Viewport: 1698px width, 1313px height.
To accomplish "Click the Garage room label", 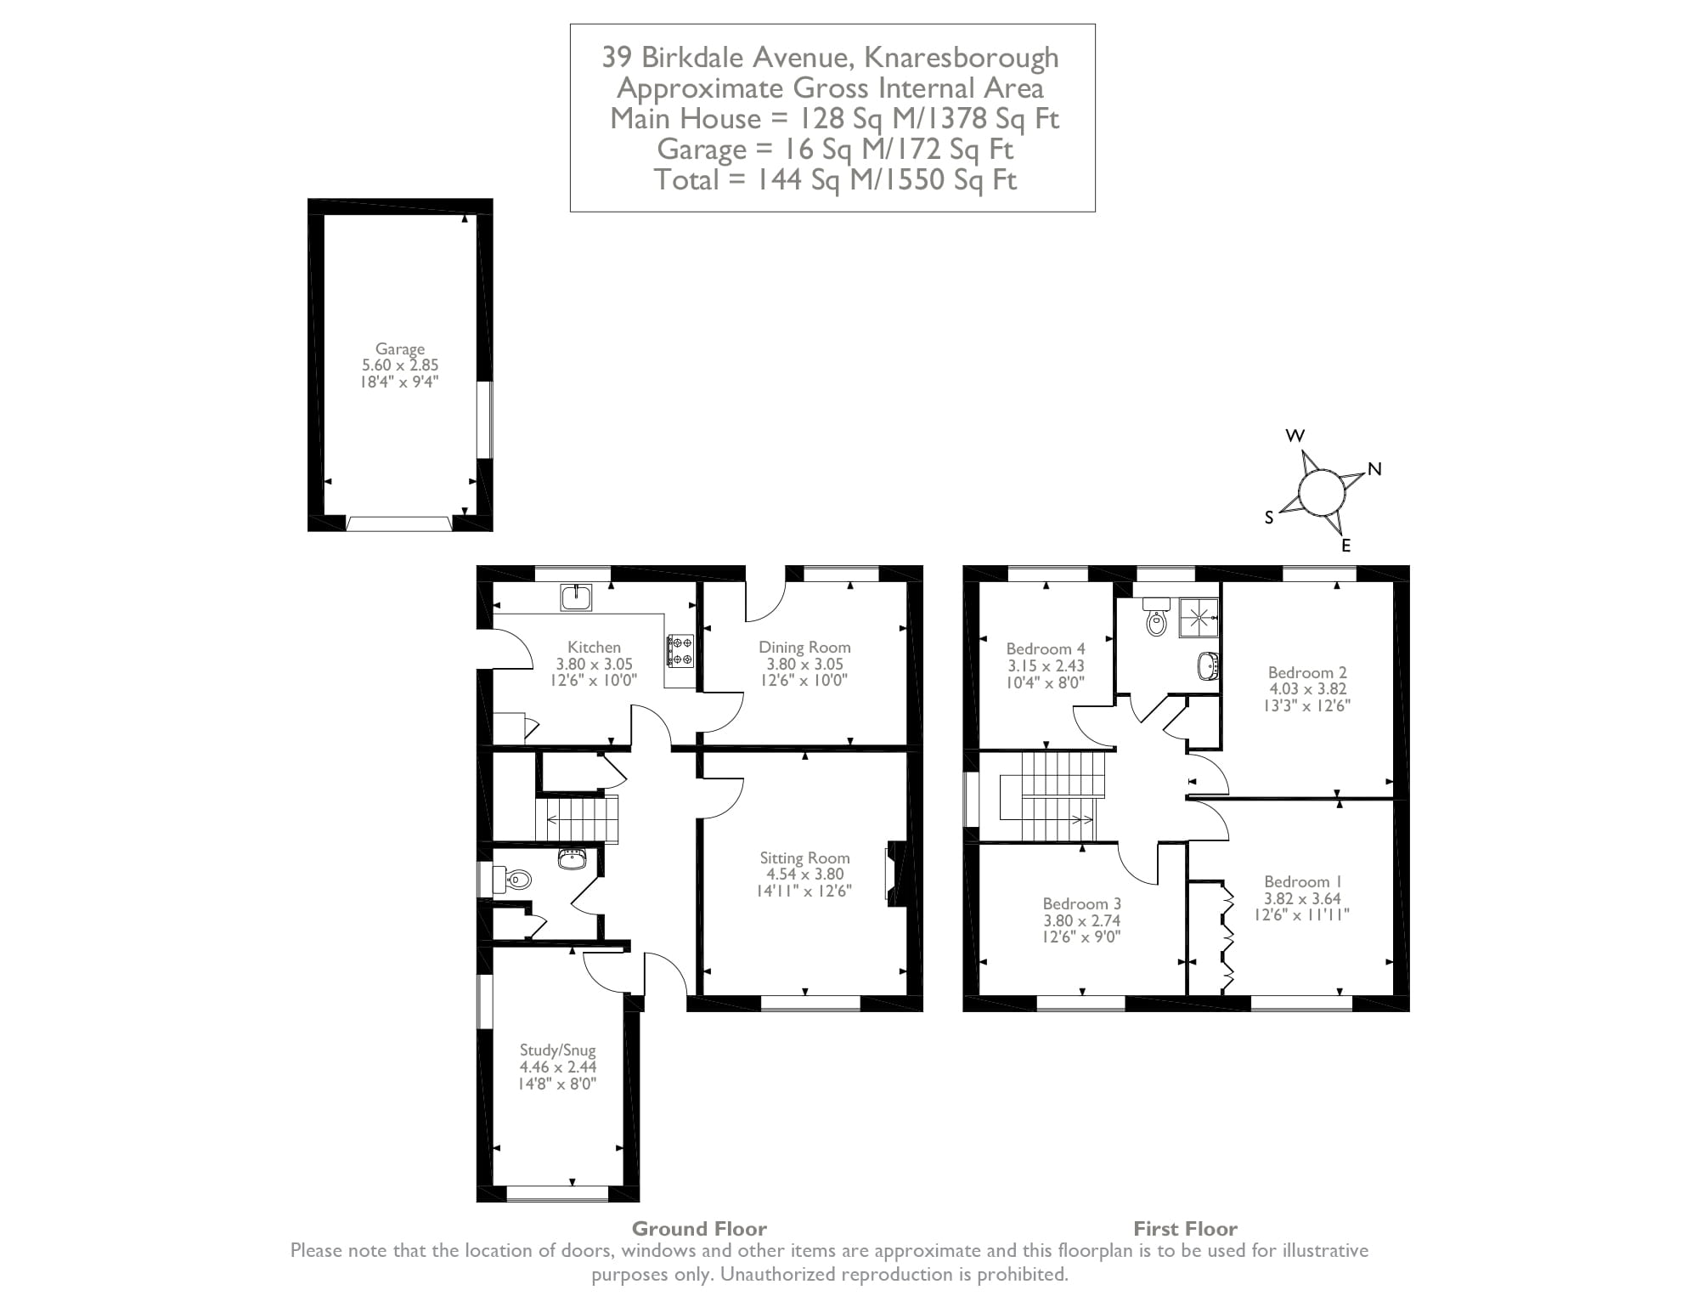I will [x=399, y=349].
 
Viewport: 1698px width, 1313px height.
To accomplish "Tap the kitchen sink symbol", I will [x=577, y=597].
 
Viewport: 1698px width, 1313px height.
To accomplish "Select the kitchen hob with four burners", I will [x=680, y=650].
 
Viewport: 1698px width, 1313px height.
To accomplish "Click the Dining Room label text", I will [x=804, y=648].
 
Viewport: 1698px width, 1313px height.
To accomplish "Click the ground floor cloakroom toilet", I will [x=514, y=879].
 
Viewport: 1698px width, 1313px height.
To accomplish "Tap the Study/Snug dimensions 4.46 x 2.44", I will [x=558, y=1067].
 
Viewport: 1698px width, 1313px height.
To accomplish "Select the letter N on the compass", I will [x=1374, y=469].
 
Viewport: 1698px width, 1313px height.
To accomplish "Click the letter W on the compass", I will [x=1295, y=436].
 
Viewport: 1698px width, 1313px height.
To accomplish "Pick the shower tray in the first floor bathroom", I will [x=1199, y=616].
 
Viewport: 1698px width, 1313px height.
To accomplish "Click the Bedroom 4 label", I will [x=1046, y=649].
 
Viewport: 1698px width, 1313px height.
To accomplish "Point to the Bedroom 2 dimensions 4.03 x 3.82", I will [x=1307, y=689].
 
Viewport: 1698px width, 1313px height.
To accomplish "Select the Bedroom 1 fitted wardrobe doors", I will [x=1226, y=937].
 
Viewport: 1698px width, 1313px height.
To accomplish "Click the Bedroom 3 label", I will [x=1081, y=903].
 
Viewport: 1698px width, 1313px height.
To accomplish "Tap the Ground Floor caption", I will [x=699, y=1229].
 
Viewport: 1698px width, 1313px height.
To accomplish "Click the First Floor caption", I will [x=1185, y=1229].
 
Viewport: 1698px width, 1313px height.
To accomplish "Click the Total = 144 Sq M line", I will [x=834, y=180].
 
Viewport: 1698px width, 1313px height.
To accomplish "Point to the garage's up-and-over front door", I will [x=398, y=524].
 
